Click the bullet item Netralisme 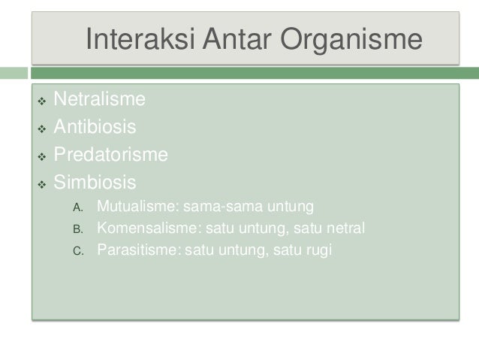(100, 98)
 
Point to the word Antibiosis (95, 126)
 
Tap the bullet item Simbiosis (95, 183)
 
